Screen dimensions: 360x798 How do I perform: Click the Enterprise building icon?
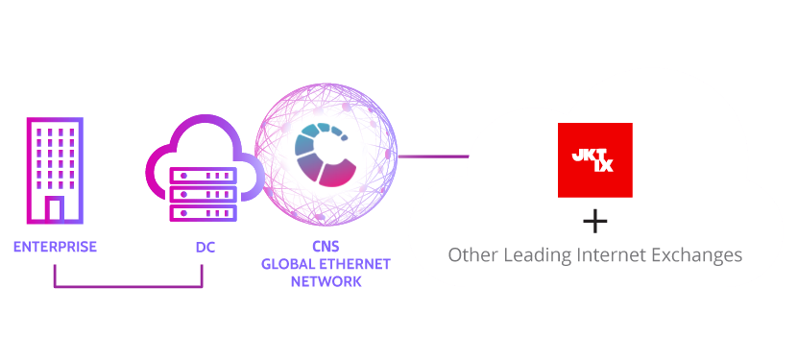[x=54, y=170]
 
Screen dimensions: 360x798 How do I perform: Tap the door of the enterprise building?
[x=54, y=209]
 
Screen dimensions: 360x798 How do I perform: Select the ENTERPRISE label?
[x=55, y=247]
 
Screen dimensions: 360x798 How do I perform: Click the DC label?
[x=206, y=247]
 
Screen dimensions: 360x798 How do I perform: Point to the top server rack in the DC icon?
[x=202, y=177]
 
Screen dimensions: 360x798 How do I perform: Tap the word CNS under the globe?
[x=326, y=247]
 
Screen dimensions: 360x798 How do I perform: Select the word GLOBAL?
[x=290, y=264]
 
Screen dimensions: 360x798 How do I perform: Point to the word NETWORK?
[x=326, y=281]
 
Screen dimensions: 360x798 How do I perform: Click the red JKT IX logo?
[x=594, y=160]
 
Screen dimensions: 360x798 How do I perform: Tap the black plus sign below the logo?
[x=595, y=223]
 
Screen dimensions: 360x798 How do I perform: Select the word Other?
[x=472, y=255]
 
